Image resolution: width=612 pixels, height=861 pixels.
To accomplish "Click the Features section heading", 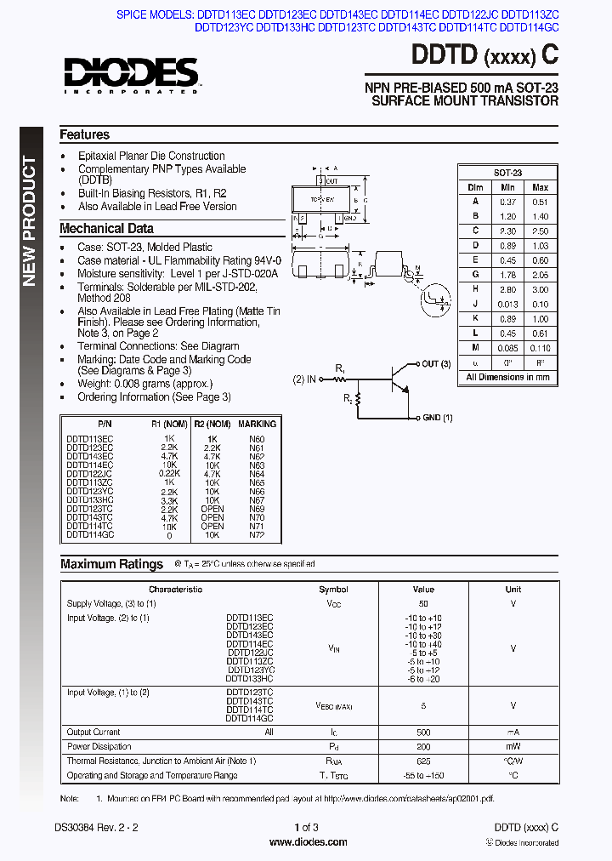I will tap(84, 134).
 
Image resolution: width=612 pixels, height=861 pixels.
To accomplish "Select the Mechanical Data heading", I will tap(106, 228).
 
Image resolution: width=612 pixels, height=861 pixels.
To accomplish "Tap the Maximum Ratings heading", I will tap(111, 564).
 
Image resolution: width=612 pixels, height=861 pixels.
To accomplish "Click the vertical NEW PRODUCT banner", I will tap(30, 221).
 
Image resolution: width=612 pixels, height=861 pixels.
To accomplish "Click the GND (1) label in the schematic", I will tap(438, 418).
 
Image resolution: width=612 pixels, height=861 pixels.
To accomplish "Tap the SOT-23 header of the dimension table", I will tap(507, 172).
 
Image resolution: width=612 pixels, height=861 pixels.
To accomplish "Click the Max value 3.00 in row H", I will tap(540, 289).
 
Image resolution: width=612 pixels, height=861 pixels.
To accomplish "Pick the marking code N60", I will tap(257, 438).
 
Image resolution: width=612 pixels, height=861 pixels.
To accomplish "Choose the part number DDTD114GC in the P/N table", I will tap(89, 535).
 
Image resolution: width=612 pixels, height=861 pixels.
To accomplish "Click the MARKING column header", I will tap(257, 424).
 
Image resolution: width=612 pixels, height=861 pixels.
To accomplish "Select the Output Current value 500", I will tap(423, 732).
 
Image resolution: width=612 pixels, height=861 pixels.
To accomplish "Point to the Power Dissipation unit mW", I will tap(513, 746).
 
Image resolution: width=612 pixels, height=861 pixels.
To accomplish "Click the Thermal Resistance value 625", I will tap(423, 761).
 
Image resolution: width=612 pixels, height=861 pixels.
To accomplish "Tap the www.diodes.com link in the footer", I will tap(307, 842).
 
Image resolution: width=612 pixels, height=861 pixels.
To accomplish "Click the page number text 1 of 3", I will tap(307, 828).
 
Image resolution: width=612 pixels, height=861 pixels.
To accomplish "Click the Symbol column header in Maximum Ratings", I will tap(333, 589).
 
